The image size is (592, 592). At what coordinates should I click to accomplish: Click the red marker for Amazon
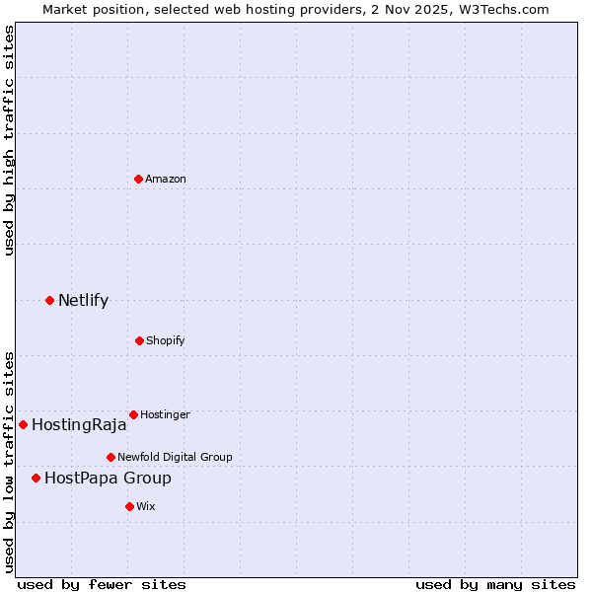click(138, 179)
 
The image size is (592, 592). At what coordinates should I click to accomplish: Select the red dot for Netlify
click(49, 300)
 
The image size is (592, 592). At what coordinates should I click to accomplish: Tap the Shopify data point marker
click(139, 340)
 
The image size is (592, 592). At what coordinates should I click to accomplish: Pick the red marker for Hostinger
click(133, 414)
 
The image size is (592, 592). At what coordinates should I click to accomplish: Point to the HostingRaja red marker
click(23, 424)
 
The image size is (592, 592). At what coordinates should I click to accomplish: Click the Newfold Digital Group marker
click(111, 457)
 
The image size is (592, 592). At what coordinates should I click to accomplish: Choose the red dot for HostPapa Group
click(36, 478)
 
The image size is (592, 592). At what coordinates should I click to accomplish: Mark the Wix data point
click(129, 506)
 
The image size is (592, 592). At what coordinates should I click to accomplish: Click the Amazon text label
click(166, 179)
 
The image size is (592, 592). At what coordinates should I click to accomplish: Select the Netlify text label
click(83, 300)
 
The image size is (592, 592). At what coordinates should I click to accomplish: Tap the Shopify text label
click(166, 340)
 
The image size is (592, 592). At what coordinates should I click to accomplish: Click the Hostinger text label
click(165, 414)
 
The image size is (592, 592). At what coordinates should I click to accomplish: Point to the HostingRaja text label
click(79, 425)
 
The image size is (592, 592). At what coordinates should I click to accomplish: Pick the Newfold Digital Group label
click(175, 457)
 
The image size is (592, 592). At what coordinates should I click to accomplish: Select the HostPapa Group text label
click(108, 479)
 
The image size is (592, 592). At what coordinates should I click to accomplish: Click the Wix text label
click(146, 506)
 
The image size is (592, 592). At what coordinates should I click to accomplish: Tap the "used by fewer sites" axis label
click(102, 584)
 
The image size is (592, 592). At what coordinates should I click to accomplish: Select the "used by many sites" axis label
click(495, 584)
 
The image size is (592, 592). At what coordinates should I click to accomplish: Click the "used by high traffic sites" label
click(9, 140)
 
